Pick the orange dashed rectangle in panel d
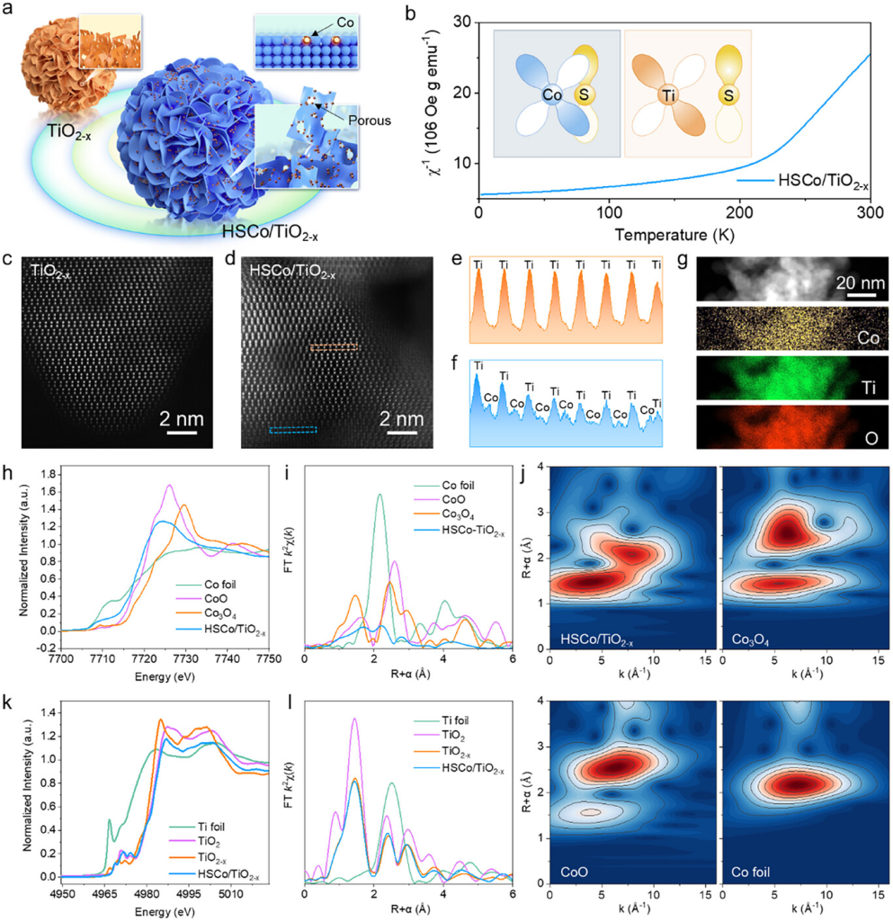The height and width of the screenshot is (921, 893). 334,345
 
